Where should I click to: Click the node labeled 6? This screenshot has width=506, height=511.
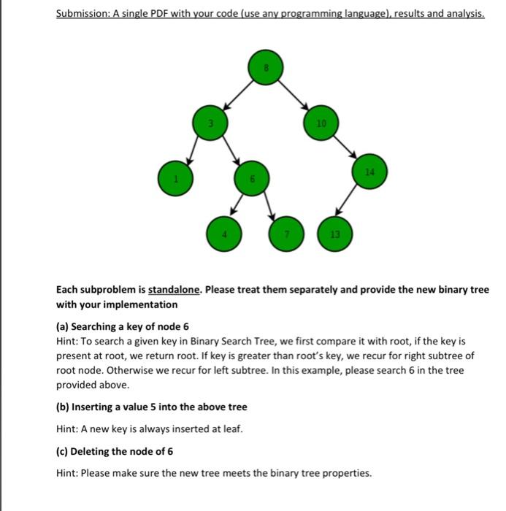click(251, 179)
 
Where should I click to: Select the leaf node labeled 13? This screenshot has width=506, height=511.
click(334, 234)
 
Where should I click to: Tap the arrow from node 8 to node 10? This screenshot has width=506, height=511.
click(292, 95)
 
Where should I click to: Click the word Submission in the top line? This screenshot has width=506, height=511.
click(81, 14)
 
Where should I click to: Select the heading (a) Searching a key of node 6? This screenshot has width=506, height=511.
click(123, 326)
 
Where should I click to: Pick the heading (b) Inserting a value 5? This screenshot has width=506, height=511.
click(152, 407)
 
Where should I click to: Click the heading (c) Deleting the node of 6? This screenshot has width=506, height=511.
click(115, 451)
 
